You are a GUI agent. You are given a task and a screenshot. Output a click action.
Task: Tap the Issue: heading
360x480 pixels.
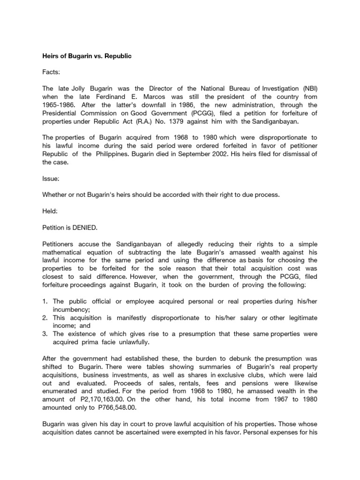[51, 179]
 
